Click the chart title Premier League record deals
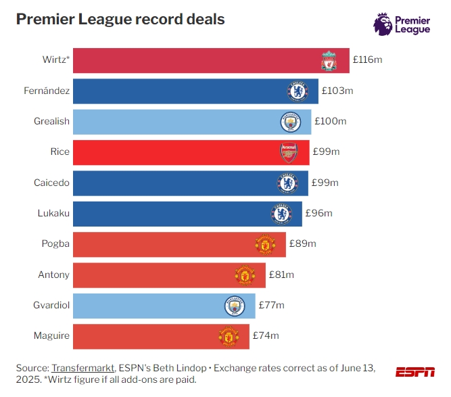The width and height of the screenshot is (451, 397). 120,19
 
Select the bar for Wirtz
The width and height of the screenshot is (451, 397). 196,60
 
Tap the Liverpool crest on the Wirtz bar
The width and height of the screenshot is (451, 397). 329,61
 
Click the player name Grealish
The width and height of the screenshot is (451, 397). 51,121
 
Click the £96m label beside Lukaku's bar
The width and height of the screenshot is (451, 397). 319,214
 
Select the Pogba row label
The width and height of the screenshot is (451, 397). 55,244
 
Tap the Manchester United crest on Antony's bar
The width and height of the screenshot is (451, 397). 244,275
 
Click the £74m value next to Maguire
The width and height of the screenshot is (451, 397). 266,335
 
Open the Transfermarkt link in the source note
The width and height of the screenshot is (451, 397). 81,367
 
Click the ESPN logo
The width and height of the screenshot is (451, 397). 415,372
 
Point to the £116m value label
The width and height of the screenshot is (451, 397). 367,60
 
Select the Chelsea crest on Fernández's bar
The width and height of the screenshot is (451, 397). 298,91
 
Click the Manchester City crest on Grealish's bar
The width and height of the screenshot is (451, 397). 290,122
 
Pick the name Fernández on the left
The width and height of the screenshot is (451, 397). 49,91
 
